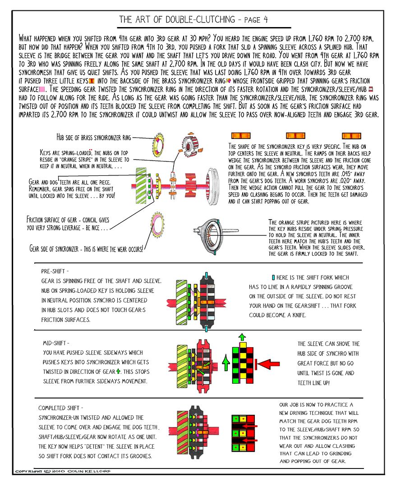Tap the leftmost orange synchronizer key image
coord(238,136)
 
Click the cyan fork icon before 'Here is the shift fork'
coord(274,278)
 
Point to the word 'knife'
coord(296,315)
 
